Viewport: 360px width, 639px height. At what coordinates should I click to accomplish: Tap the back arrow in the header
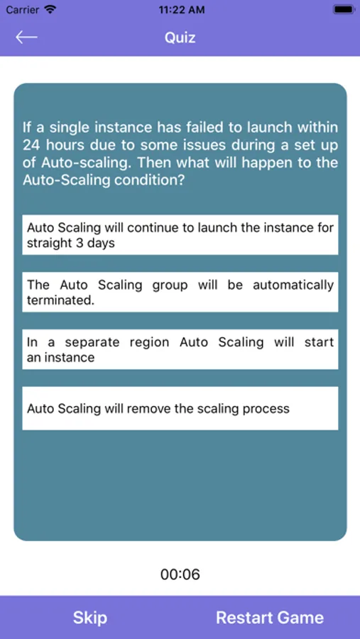[x=26, y=37]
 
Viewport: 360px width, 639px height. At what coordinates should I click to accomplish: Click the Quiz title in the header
[x=180, y=38]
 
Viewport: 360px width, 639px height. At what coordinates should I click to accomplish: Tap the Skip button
[x=90, y=618]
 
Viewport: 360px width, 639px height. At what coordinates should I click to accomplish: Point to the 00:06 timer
[x=180, y=574]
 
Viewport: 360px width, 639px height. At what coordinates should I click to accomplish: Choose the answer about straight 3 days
[x=180, y=235]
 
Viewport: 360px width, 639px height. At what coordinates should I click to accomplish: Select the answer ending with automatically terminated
[x=180, y=293]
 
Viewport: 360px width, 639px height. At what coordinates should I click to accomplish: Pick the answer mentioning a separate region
[x=180, y=349]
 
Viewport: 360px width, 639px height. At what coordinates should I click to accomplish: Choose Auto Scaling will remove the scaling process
[x=180, y=408]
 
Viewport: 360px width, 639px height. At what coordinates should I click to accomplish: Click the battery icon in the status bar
[x=343, y=9]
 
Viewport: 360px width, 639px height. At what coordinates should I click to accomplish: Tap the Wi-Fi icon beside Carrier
[x=50, y=9]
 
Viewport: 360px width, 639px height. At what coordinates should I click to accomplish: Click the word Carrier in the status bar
[x=23, y=9]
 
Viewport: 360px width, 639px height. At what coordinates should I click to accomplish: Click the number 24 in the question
[x=31, y=145]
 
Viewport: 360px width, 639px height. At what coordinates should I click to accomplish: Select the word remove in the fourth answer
[x=150, y=408]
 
